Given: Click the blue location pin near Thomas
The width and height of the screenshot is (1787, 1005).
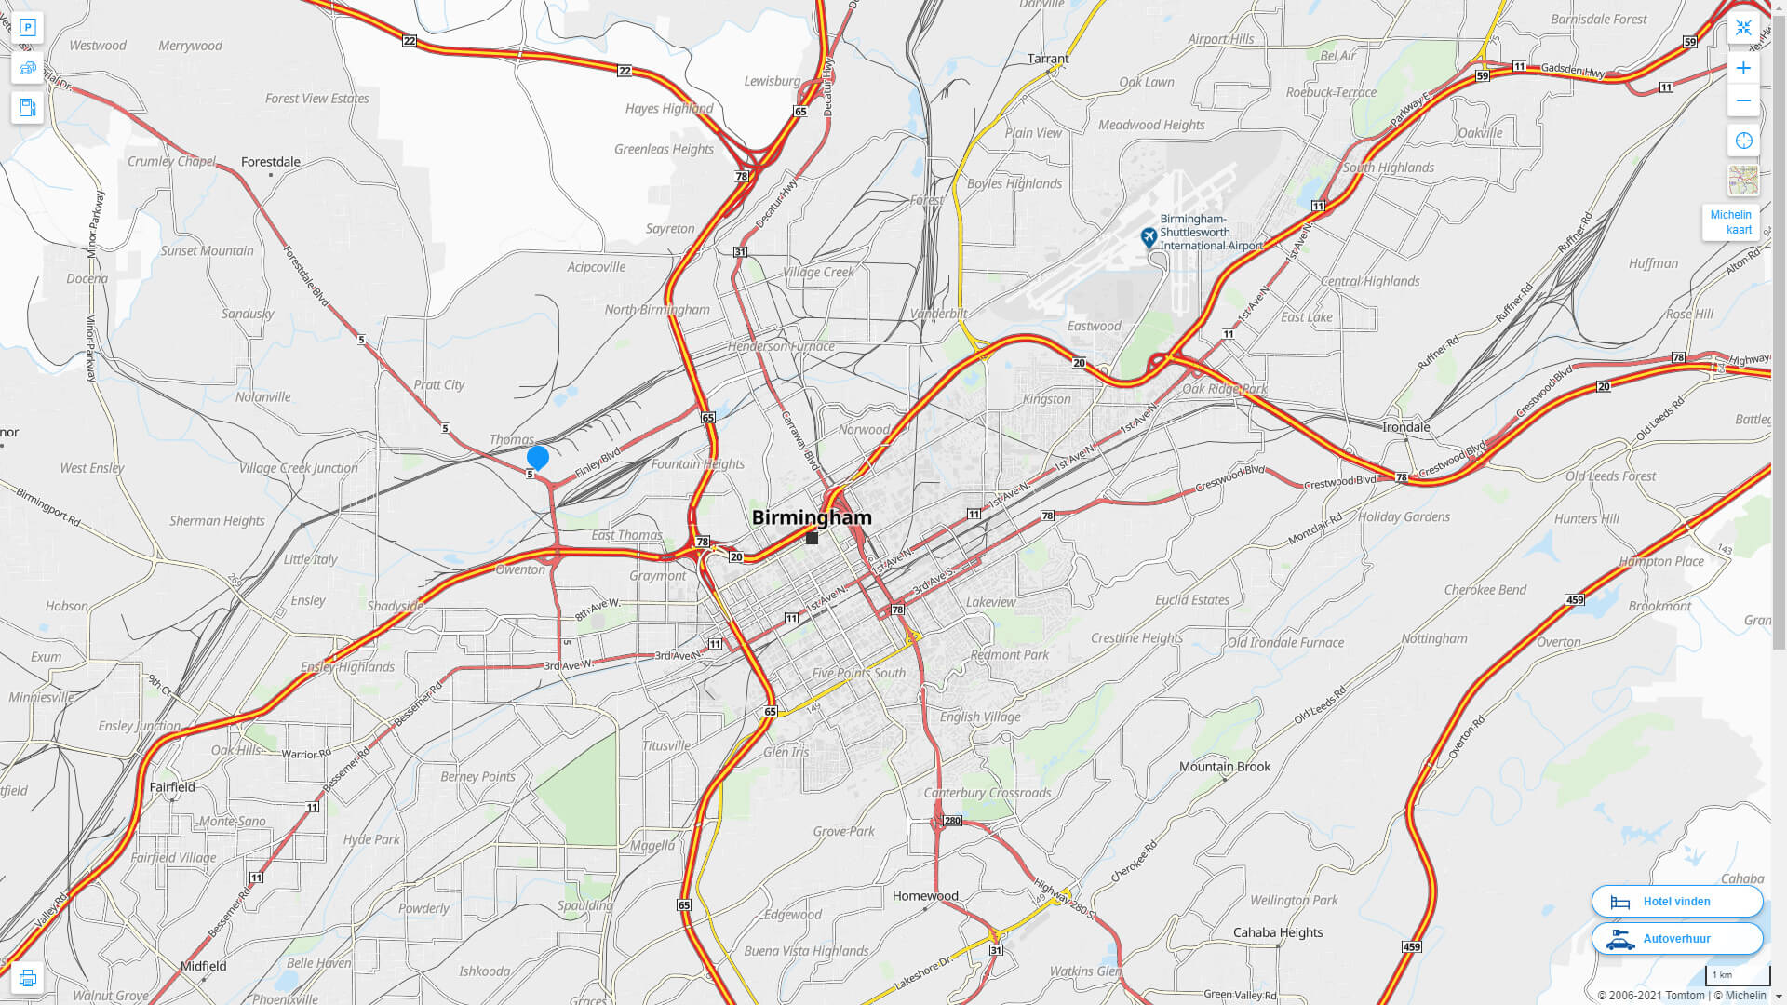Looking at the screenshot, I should click(537, 457).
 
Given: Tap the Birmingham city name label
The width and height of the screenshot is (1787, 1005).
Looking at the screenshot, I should click(812, 517).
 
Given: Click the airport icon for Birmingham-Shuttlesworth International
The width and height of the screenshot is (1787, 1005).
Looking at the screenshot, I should click(1149, 237).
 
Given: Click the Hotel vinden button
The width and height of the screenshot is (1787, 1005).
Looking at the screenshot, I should click(1676, 901).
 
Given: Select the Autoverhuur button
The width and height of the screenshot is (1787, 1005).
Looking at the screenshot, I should click(1676, 938).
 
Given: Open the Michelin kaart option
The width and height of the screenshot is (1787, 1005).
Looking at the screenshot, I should click(1730, 222).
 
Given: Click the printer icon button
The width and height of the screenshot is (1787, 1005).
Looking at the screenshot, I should click(27, 978).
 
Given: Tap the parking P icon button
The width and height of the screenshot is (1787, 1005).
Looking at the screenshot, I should click(27, 28).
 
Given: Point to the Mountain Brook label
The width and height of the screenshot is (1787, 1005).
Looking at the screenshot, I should click(1224, 767).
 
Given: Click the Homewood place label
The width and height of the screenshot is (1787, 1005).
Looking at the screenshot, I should click(924, 896).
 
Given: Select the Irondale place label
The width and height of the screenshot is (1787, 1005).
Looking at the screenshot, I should click(1405, 427).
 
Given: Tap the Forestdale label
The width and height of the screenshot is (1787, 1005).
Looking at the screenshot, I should click(270, 162).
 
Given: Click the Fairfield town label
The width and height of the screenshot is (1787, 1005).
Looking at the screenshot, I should click(172, 787).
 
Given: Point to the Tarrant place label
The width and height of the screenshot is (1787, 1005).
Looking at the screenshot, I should click(1047, 59).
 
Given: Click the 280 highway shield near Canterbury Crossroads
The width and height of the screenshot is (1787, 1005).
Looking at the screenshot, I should click(951, 821).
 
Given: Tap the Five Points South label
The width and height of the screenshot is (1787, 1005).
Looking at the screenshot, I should click(858, 673).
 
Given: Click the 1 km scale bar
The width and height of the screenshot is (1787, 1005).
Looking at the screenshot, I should click(1737, 975).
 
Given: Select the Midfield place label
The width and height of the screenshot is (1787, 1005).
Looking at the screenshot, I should click(203, 966).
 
